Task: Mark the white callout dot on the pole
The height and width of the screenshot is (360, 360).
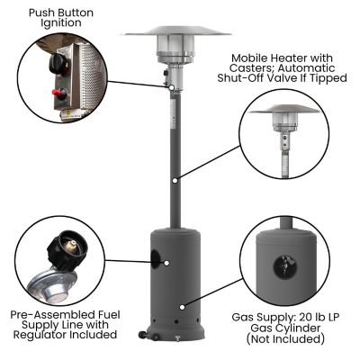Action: point(175,179)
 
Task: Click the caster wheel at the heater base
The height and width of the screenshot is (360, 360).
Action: point(141,337)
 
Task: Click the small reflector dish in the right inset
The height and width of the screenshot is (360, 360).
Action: point(284,112)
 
